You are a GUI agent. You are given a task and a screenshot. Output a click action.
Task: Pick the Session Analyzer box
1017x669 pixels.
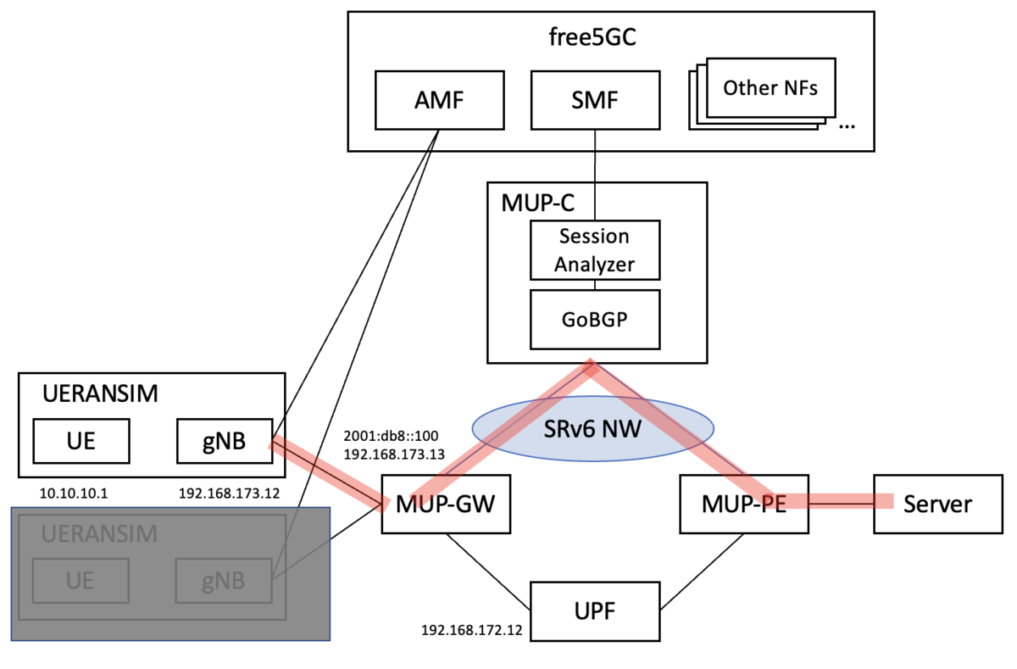coord(594,250)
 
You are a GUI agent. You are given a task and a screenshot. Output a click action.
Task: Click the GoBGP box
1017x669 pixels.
coord(594,319)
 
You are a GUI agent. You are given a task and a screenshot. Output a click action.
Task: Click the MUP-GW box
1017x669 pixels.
coord(446,504)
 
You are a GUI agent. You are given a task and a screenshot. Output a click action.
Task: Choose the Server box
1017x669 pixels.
coord(936,504)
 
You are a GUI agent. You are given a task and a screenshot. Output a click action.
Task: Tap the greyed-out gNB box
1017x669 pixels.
coord(224,581)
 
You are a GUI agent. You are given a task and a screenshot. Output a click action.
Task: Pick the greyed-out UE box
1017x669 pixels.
coord(81,581)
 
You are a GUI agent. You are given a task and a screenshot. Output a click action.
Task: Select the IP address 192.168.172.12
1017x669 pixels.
coord(472,631)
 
